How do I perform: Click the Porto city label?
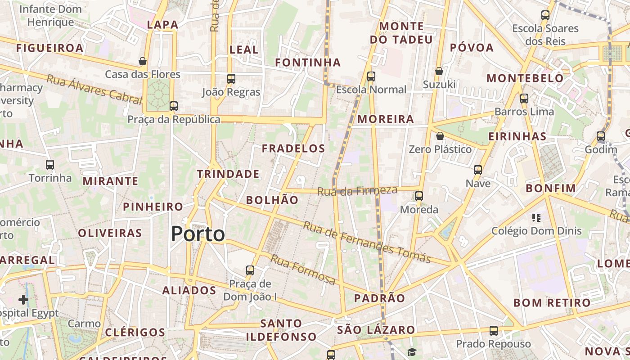(198, 234)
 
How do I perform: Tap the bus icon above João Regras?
(231, 79)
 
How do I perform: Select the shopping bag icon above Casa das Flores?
(143, 61)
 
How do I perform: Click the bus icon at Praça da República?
(174, 106)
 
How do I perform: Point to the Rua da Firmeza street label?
(357, 191)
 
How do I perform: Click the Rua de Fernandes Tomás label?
(367, 242)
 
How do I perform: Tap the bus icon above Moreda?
(419, 196)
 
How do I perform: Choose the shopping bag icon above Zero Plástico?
(440, 136)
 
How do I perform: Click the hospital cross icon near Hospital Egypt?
(23, 299)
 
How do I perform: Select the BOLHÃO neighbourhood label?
(272, 200)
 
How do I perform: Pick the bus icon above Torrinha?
(50, 165)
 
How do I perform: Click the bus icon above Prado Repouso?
(494, 331)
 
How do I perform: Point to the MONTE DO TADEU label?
(401, 33)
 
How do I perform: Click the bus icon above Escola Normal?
(371, 76)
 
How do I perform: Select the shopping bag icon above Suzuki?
(439, 71)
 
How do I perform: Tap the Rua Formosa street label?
(303, 270)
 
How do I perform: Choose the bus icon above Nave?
(478, 170)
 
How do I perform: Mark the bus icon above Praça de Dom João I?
(250, 270)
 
